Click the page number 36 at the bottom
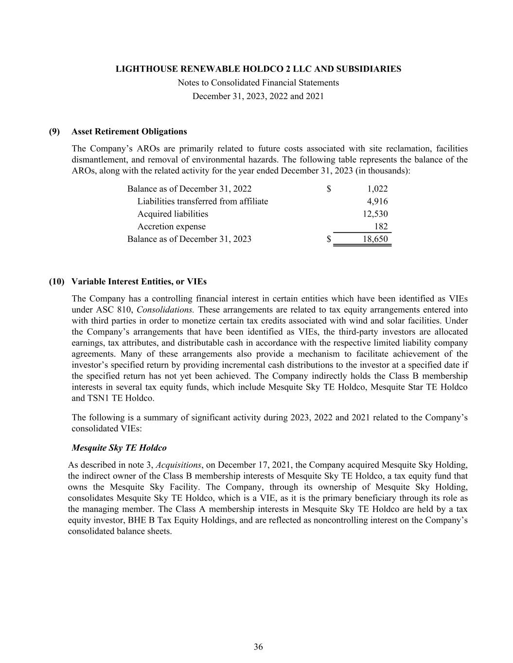click(258, 646)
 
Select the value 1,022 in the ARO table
click(377, 188)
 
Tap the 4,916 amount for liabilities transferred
click(377, 201)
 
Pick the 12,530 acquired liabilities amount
click(375, 214)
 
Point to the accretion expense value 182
click(381, 226)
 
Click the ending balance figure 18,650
click(375, 239)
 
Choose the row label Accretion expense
click(171, 226)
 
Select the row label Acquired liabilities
click(173, 214)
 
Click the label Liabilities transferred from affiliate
click(202, 201)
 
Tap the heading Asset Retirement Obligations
click(129, 132)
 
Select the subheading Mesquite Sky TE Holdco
click(119, 447)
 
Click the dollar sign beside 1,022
click(329, 188)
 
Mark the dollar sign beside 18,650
click(329, 239)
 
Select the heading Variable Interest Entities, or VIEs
click(139, 282)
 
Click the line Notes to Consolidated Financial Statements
click(258, 83)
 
